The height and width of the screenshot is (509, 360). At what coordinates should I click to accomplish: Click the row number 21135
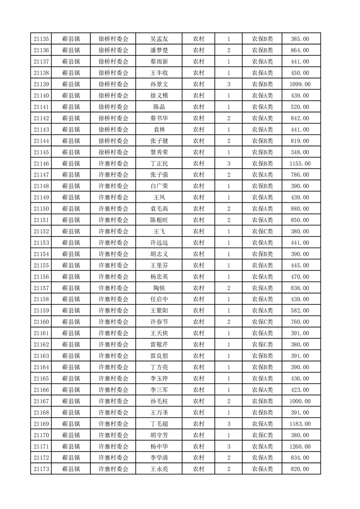(x=41, y=39)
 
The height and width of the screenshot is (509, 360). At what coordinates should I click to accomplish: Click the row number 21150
(x=41, y=209)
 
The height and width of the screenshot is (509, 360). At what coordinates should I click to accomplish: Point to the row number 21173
(x=41, y=469)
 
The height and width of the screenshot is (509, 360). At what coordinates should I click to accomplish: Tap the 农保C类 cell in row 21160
(x=262, y=322)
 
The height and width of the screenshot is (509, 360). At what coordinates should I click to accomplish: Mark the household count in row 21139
(x=228, y=84)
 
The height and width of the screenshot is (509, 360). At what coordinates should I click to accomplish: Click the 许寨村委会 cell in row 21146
(x=113, y=163)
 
